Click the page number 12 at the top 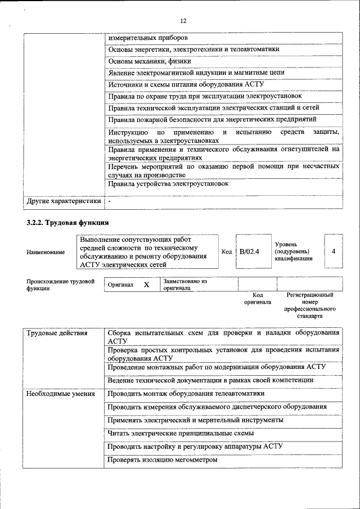coord(183,21)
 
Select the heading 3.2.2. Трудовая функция coord(67,223)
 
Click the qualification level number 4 coord(334,251)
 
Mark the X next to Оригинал coord(146,285)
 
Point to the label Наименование coord(46,252)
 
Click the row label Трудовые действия coord(57,334)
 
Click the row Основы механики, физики coord(150,61)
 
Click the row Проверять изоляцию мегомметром coord(161,460)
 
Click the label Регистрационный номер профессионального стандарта coord(310,305)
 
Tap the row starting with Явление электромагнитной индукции coord(196,73)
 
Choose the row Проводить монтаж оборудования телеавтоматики coord(186,394)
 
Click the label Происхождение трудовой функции coord(60,285)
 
